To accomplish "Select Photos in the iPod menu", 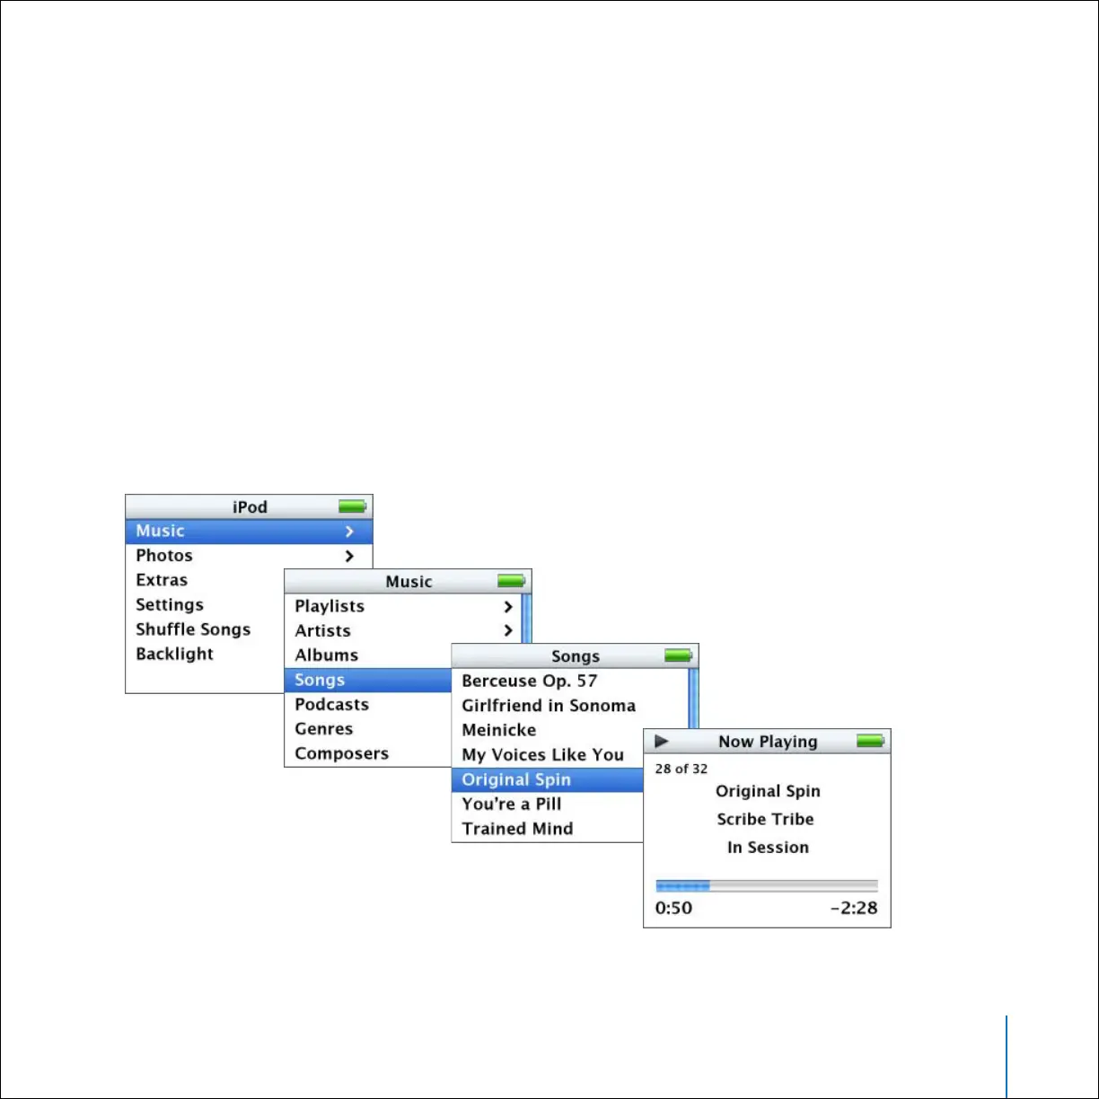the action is pyautogui.click(x=164, y=556).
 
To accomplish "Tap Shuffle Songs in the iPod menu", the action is pyautogui.click(x=193, y=629).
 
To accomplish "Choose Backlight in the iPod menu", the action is pyautogui.click(x=174, y=654).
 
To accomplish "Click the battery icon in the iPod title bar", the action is pyautogui.click(x=352, y=507).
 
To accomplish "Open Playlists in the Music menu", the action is pyautogui.click(x=330, y=606).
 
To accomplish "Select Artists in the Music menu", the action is pyautogui.click(x=322, y=630).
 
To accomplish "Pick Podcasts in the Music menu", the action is pyautogui.click(x=331, y=704).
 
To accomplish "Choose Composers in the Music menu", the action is pyautogui.click(x=341, y=753).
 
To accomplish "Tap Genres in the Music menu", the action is pyautogui.click(x=323, y=729).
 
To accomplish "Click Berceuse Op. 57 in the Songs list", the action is pyautogui.click(x=529, y=681).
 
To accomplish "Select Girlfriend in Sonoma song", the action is pyautogui.click(x=549, y=706).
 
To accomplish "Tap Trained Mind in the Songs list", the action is pyautogui.click(x=517, y=829).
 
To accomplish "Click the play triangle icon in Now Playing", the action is pyautogui.click(x=662, y=742).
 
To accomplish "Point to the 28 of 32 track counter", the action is pyautogui.click(x=681, y=769).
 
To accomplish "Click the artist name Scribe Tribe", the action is pyautogui.click(x=766, y=819).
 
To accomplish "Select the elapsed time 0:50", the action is pyautogui.click(x=673, y=908).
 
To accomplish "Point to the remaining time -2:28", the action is pyautogui.click(x=853, y=908).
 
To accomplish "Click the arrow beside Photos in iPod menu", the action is pyautogui.click(x=349, y=557).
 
